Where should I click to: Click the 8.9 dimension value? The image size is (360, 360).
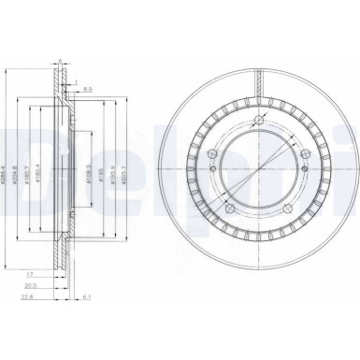[86, 90]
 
